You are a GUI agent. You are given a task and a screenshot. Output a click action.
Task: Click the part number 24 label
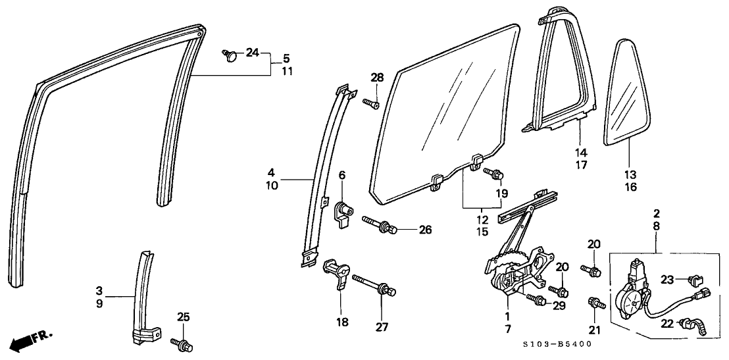click(252, 53)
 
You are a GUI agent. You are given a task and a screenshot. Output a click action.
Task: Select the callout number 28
click(376, 78)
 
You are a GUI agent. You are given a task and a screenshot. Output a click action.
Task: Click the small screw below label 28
click(372, 103)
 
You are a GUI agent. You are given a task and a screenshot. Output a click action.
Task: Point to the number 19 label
click(503, 193)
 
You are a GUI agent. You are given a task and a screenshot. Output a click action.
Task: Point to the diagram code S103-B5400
click(558, 344)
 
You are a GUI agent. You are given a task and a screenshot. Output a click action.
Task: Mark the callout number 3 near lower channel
click(99, 290)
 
